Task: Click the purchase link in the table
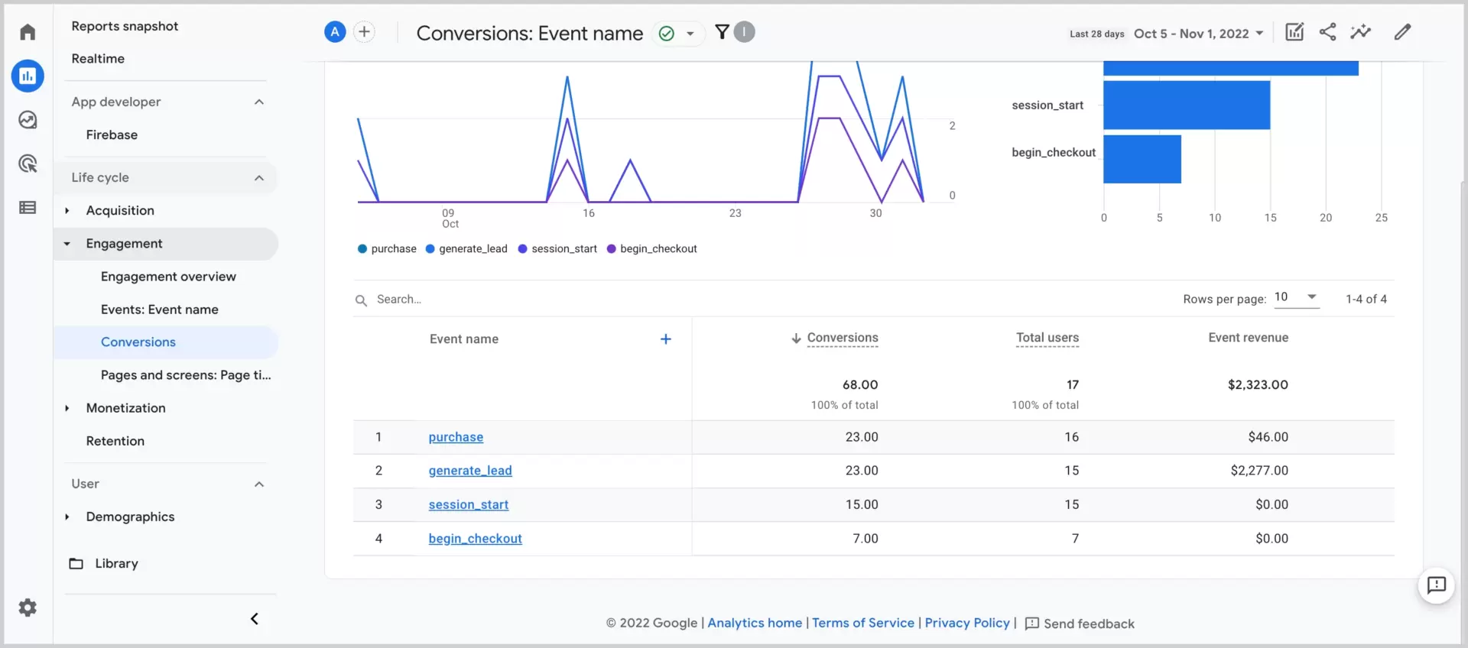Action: click(x=456, y=437)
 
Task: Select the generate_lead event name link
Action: click(x=469, y=471)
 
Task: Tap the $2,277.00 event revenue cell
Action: click(x=1259, y=471)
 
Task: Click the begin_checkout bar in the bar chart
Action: click(x=1142, y=159)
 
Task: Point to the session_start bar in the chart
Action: click(x=1186, y=105)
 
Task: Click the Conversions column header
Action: click(x=842, y=338)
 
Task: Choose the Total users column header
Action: click(x=1047, y=338)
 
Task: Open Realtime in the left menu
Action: click(x=98, y=59)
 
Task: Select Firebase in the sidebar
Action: click(x=112, y=134)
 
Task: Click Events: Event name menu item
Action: click(x=159, y=309)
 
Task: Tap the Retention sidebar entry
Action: click(x=115, y=441)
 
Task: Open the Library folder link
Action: click(x=115, y=563)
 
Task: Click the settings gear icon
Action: click(x=28, y=607)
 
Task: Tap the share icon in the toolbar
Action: click(x=1327, y=32)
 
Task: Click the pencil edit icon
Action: click(x=1401, y=32)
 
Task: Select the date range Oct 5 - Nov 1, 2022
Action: click(x=1197, y=34)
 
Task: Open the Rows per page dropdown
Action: click(x=1297, y=297)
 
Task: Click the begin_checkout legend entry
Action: click(x=651, y=249)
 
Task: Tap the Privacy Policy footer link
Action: click(x=966, y=623)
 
